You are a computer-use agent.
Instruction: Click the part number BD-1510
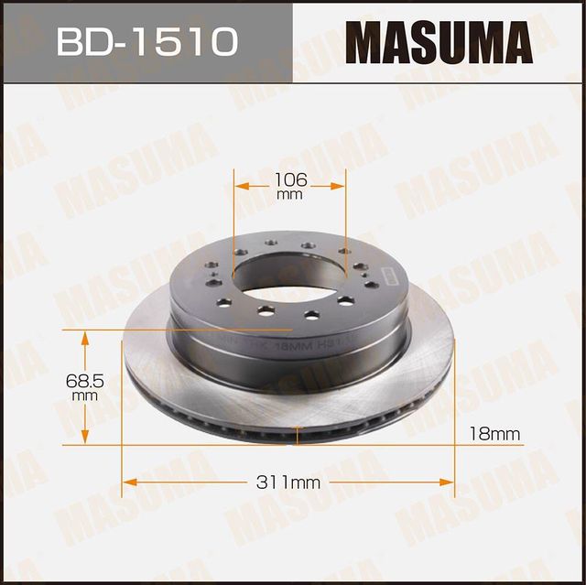146,41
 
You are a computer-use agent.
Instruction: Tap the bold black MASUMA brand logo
440,42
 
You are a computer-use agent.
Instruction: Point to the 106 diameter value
289,179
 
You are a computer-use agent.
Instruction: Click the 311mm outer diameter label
289,482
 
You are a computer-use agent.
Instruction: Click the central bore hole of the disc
291,276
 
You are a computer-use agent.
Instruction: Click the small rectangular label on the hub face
383,275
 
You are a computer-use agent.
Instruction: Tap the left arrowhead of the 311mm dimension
129,482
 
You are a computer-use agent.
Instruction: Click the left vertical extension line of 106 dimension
234,220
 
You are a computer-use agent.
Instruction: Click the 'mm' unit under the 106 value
289,195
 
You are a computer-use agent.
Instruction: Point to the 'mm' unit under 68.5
85,395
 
